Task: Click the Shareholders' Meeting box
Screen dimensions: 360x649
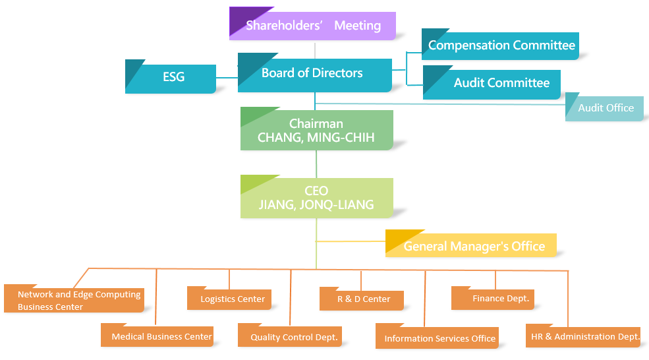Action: click(313, 26)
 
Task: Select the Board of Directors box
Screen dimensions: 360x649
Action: click(314, 73)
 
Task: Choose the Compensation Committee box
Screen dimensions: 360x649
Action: click(501, 45)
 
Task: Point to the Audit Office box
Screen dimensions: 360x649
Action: click(605, 107)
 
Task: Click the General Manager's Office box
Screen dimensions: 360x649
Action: click(473, 247)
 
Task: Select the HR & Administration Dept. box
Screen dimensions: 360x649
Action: click(584, 336)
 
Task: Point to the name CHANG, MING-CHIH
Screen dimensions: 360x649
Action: click(316, 138)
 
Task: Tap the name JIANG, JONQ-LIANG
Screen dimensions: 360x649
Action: click(316, 204)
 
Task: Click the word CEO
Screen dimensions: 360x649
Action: click(316, 191)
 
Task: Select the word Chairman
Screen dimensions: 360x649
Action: click(316, 124)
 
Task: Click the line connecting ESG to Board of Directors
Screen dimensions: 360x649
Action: click(227, 78)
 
